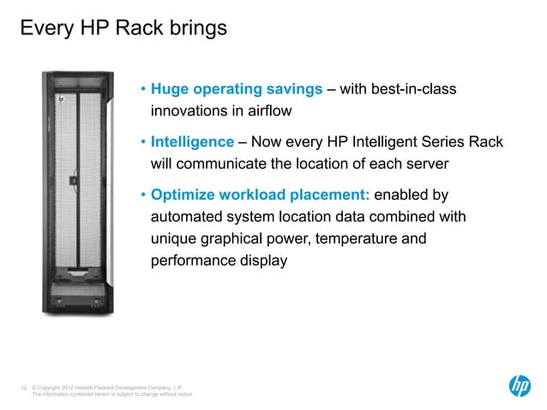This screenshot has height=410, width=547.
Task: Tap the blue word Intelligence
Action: click(x=192, y=142)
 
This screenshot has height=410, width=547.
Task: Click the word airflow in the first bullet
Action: click(x=266, y=111)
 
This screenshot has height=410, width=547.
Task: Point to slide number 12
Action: click(x=23, y=388)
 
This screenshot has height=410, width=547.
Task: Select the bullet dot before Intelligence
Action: click(x=144, y=142)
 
